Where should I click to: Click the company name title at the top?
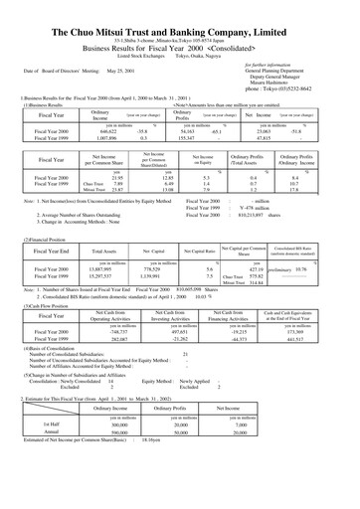[180, 11]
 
